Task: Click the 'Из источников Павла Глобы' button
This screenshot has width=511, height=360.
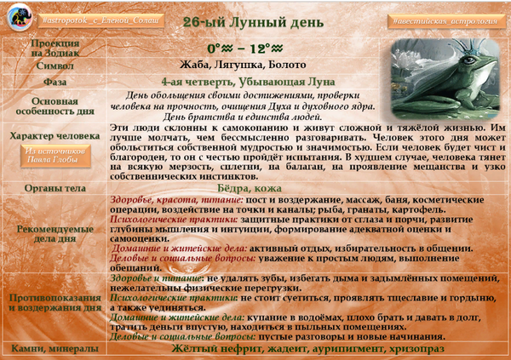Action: (x=55, y=157)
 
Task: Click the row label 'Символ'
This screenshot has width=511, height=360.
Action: (x=55, y=65)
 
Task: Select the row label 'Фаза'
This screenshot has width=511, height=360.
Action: (x=55, y=83)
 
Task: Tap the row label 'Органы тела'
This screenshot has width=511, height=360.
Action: (x=55, y=188)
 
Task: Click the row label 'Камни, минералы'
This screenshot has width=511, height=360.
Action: (x=55, y=349)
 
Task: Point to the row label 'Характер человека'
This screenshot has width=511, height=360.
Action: (x=55, y=135)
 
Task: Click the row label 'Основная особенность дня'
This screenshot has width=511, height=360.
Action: (x=55, y=106)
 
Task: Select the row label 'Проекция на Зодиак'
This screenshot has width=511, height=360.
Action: (x=55, y=47)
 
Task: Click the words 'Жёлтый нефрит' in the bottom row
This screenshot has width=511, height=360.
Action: (x=210, y=349)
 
